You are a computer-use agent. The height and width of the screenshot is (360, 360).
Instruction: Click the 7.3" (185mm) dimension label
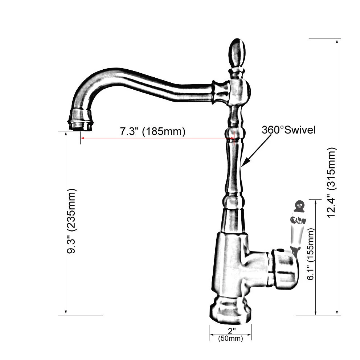152,131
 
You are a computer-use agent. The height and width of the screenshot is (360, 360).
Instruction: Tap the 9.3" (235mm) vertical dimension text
71,221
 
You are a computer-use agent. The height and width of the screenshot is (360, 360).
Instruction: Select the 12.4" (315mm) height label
331,183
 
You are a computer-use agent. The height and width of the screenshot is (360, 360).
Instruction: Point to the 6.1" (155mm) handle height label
310,254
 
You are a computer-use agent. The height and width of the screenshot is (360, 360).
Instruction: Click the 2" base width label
232,331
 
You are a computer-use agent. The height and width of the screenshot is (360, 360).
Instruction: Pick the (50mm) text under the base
230,338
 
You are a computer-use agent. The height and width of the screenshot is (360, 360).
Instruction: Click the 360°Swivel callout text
289,130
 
